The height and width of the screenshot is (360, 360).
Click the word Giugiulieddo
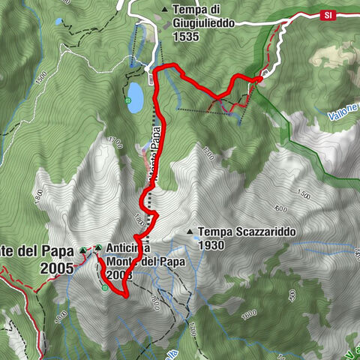204,22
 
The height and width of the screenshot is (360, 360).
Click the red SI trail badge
328,14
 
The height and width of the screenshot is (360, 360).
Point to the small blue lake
136,97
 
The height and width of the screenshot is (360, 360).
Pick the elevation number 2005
58,268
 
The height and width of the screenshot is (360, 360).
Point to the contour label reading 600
282,208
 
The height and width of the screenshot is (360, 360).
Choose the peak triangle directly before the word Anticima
98,247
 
